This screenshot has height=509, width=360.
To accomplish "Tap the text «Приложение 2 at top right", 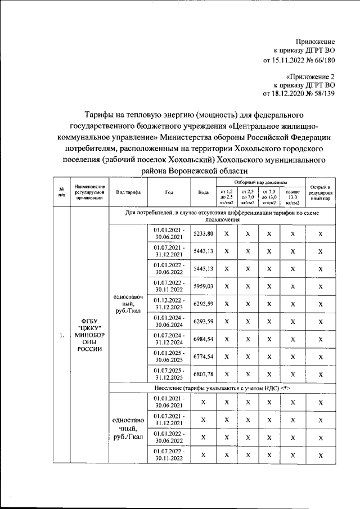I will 310,76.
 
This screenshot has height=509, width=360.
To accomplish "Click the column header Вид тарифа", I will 128,192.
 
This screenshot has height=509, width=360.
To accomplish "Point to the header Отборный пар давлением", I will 260,183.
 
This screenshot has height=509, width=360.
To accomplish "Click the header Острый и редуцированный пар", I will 320,192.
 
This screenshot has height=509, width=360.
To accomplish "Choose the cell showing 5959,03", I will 203,286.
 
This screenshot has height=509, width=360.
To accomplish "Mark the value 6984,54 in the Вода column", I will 203,339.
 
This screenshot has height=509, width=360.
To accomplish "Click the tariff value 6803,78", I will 203,373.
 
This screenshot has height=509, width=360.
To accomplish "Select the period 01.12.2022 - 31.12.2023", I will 168,304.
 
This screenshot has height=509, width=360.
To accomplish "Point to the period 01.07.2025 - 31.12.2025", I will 168,373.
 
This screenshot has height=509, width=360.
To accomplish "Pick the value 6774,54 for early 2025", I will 203,356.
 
